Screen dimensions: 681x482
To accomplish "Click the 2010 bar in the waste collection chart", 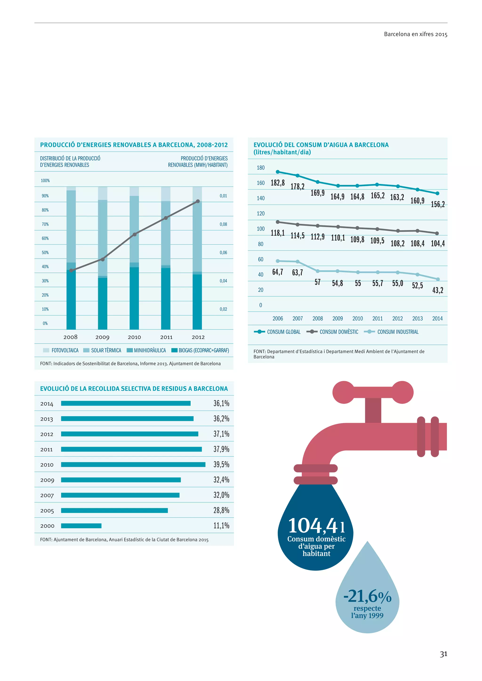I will tap(133, 464).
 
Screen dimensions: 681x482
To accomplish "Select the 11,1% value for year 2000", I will tap(221, 526).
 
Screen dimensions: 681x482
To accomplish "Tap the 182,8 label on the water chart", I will tap(277, 183).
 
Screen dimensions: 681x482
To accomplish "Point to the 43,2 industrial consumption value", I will tap(438, 290).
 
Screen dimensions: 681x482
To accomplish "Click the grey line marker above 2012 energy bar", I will tap(198, 201).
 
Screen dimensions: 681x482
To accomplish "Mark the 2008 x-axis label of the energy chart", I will tap(70, 337).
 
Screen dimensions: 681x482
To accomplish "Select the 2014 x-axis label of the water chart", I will tap(437, 319).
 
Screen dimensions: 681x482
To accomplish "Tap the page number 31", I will tap(443, 654).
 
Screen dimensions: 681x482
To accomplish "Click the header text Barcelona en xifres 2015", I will tap(416, 34).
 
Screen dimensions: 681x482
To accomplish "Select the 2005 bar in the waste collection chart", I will tap(114, 511).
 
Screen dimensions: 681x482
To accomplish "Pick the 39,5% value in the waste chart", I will tap(221, 464).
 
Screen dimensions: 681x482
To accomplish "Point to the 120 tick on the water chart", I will tap(260, 214).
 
